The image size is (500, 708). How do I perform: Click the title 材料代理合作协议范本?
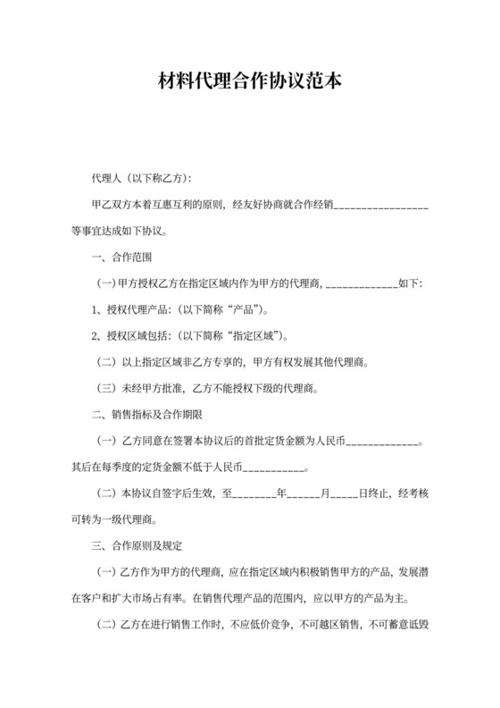pos(249,83)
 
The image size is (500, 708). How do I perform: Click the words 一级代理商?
pos(136,519)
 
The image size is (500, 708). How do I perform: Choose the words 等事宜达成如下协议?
pos(120,232)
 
